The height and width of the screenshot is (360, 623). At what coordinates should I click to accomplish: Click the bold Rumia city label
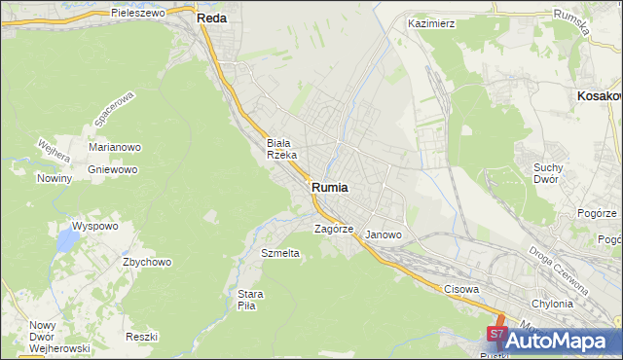331,187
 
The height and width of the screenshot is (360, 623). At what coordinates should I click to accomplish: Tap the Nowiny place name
55,178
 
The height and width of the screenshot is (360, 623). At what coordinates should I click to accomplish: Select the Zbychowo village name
147,262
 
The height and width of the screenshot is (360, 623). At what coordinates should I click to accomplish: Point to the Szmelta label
280,253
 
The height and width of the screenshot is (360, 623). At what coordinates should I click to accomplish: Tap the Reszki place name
142,336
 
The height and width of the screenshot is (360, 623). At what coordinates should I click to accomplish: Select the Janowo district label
384,234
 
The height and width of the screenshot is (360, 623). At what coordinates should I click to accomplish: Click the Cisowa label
461,289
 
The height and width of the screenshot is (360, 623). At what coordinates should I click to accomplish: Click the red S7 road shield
496,335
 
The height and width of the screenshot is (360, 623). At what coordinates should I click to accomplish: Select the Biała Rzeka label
288,148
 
